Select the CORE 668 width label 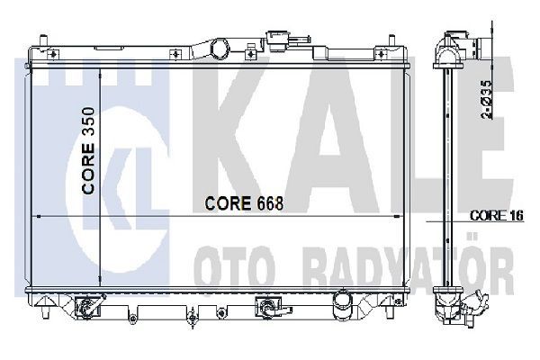(x=242, y=203)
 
